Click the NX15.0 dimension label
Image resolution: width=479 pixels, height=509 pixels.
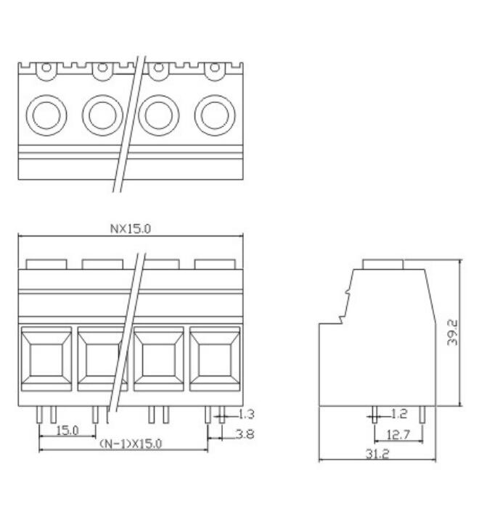coord(131,229)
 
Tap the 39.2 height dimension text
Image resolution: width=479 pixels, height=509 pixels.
coord(452,332)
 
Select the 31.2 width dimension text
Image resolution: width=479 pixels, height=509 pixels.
coord(377,454)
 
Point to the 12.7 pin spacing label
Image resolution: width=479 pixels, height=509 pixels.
coord(398,434)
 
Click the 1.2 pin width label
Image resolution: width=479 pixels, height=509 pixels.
coord(398,414)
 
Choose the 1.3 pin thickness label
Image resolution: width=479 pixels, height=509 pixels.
coord(246,414)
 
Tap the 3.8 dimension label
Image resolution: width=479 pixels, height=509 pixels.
coord(245,434)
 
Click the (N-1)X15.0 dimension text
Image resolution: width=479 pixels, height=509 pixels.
coord(131,444)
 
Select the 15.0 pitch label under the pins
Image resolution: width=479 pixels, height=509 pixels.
coord(67,431)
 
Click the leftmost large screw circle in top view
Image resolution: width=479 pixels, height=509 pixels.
coord(46,115)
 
